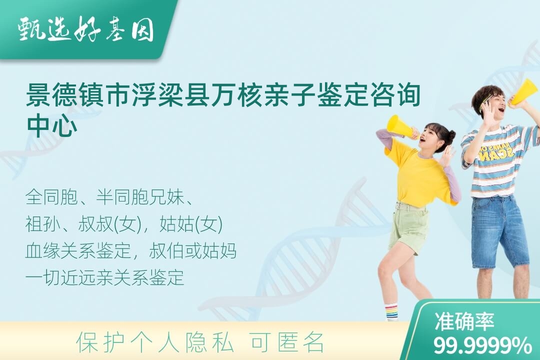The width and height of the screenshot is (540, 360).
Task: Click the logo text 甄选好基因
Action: pyautogui.click(x=86, y=29)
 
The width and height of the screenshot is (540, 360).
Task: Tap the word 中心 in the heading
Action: pyautogui.click(x=51, y=126)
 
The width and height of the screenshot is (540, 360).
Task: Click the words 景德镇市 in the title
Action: pyautogui.click(x=78, y=95)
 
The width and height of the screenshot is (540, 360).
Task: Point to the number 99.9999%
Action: pyautogui.click(x=482, y=345)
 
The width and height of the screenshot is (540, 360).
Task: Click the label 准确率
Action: pyautogui.click(x=464, y=321)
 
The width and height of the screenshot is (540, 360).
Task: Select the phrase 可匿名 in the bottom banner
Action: pyautogui.click(x=287, y=342)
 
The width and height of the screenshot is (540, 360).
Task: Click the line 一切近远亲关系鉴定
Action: pyautogui.click(x=104, y=277)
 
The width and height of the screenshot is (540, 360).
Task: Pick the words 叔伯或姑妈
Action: pyautogui.click(x=193, y=251)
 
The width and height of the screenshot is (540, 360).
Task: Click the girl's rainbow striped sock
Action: pyautogui.click(x=391, y=311)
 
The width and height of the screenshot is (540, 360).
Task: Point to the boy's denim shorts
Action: pyautogui.click(x=499, y=231)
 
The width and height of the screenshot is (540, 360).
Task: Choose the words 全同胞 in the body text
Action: pyautogui.click(x=51, y=197)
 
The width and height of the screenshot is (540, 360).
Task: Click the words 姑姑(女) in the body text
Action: pyautogui.click(x=191, y=224)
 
